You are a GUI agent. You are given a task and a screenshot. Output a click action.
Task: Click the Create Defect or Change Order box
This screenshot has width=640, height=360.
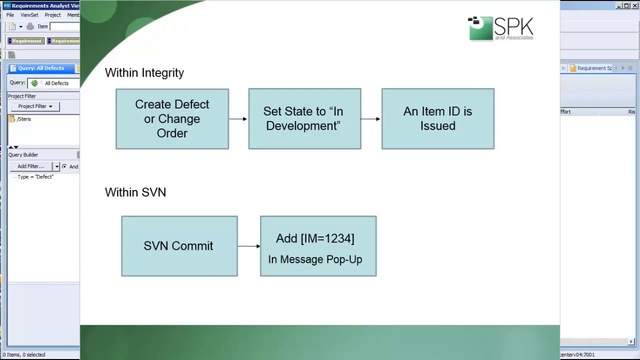(172, 119)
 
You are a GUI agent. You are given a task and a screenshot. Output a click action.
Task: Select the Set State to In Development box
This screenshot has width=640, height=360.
(304, 119)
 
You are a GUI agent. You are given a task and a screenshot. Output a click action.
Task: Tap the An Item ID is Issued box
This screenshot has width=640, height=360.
(437, 119)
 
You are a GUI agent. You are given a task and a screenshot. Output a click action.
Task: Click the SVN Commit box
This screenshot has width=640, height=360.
(179, 246)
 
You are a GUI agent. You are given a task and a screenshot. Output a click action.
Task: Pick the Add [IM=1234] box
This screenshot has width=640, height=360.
(318, 246)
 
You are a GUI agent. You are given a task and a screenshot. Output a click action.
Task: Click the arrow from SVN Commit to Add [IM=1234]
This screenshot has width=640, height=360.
(248, 246)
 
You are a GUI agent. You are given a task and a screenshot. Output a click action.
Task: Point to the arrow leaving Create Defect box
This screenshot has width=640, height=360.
(238, 119)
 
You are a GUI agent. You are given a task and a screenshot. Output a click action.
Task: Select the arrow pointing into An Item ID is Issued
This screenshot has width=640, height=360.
(370, 119)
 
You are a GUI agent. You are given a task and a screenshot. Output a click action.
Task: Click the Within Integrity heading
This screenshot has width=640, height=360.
(144, 73)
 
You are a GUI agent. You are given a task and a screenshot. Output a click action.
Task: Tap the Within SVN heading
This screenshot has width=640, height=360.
(135, 192)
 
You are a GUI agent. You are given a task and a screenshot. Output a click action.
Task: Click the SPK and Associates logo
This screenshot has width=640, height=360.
(500, 28)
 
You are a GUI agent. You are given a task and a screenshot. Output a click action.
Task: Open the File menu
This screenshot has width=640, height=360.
(10, 15)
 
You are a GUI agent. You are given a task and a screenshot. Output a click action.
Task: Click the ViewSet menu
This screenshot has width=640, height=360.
(29, 15)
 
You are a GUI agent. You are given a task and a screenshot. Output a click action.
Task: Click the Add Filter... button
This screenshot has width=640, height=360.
(31, 166)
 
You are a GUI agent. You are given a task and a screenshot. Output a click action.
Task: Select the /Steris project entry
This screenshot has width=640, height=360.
(23, 119)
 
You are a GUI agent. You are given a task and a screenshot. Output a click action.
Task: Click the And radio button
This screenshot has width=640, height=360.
(64, 166)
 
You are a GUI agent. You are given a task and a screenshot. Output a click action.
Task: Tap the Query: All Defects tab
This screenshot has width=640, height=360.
(41, 68)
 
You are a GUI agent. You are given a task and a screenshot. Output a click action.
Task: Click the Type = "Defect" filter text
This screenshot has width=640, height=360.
(35, 177)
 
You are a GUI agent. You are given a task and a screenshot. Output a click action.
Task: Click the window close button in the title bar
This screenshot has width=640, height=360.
(634, 5)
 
